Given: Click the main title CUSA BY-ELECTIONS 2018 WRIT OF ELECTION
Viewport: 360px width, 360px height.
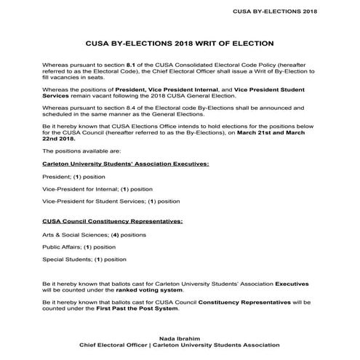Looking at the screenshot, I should coord(180,44).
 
